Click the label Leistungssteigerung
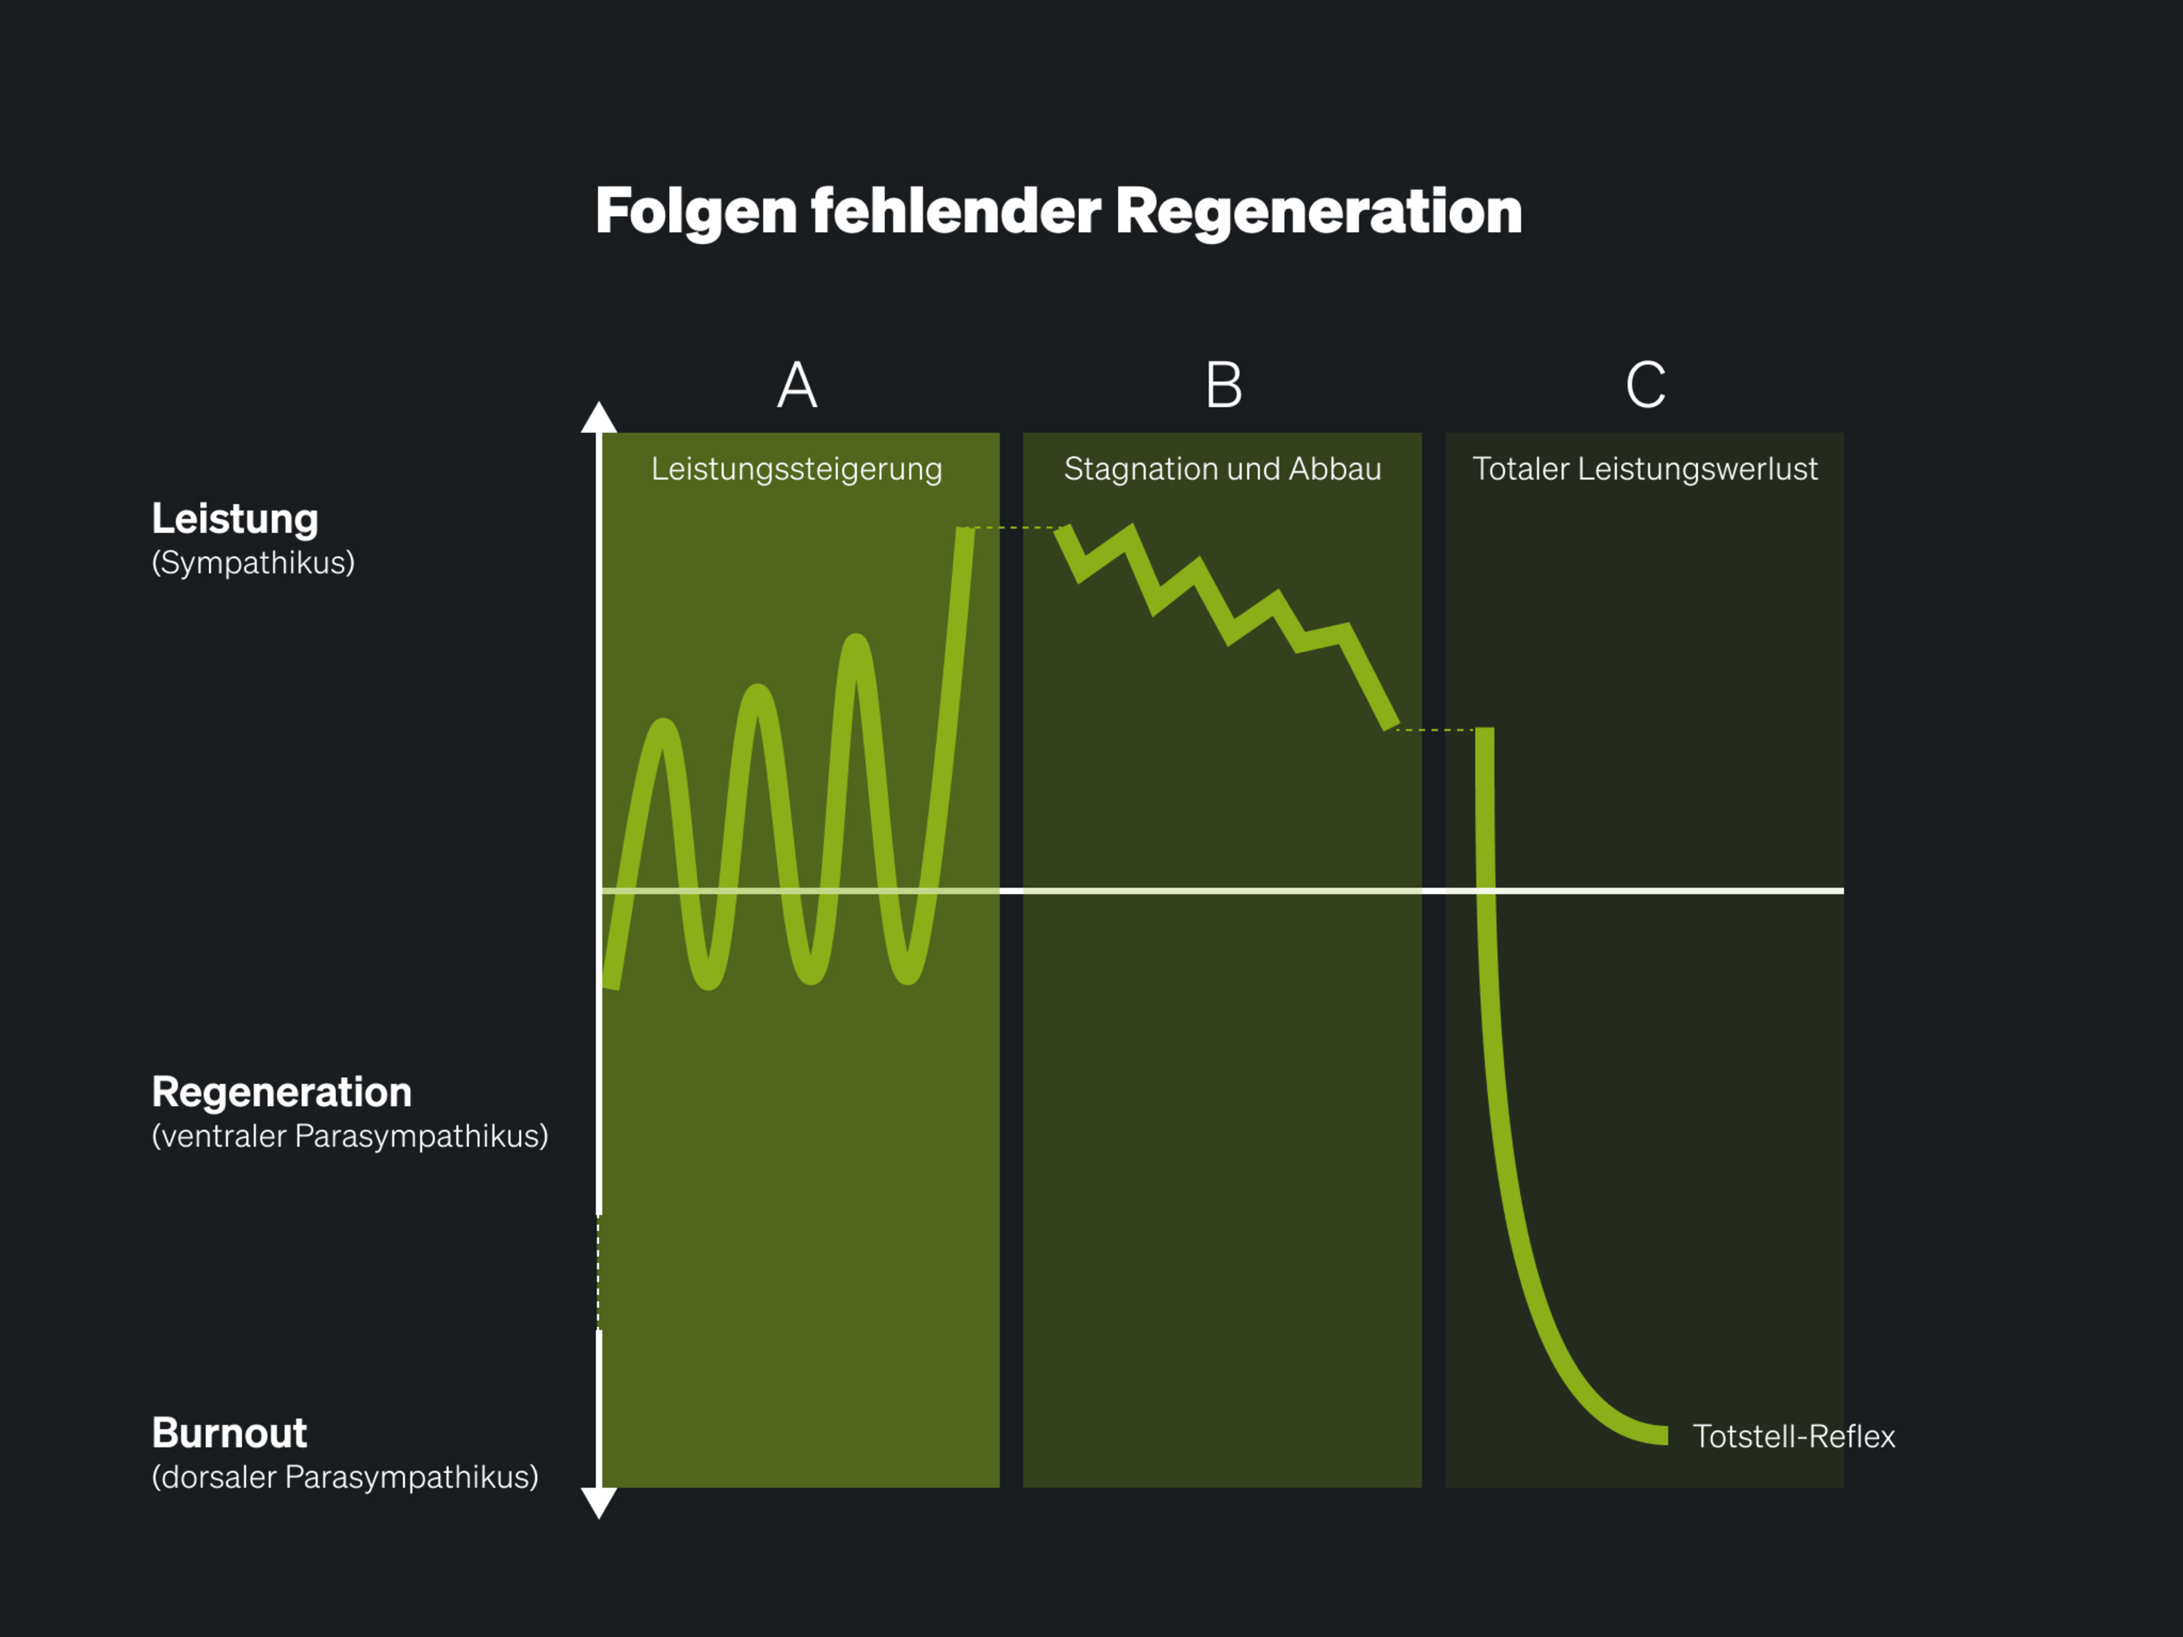tap(796, 470)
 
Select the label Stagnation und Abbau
tap(1223, 469)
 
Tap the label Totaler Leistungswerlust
tap(1645, 470)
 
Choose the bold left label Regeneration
tap(282, 1093)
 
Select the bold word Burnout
tap(230, 1434)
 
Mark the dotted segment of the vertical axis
tap(598, 1273)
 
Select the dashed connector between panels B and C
tap(1436, 730)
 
